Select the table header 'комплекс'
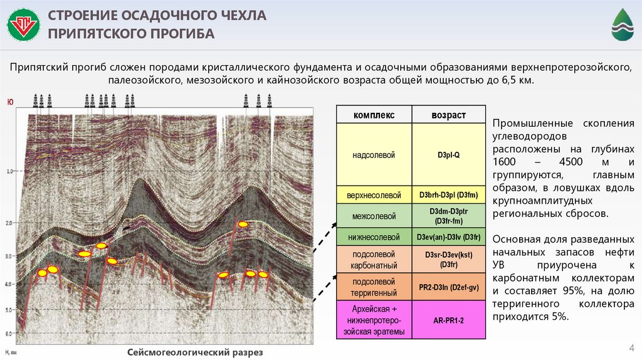(374, 115)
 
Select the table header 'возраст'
(448, 115)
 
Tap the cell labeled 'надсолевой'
(374, 154)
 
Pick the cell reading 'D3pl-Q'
(448, 154)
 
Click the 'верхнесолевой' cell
(374, 195)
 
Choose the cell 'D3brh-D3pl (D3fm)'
(448, 195)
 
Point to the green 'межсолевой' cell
(374, 216)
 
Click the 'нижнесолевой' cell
(374, 237)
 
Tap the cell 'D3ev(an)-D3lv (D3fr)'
(448, 237)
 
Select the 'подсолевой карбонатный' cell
(374, 259)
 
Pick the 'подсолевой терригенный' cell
(374, 287)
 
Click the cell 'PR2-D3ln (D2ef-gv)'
(448, 287)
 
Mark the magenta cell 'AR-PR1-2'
(448, 319)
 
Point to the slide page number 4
(631, 348)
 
